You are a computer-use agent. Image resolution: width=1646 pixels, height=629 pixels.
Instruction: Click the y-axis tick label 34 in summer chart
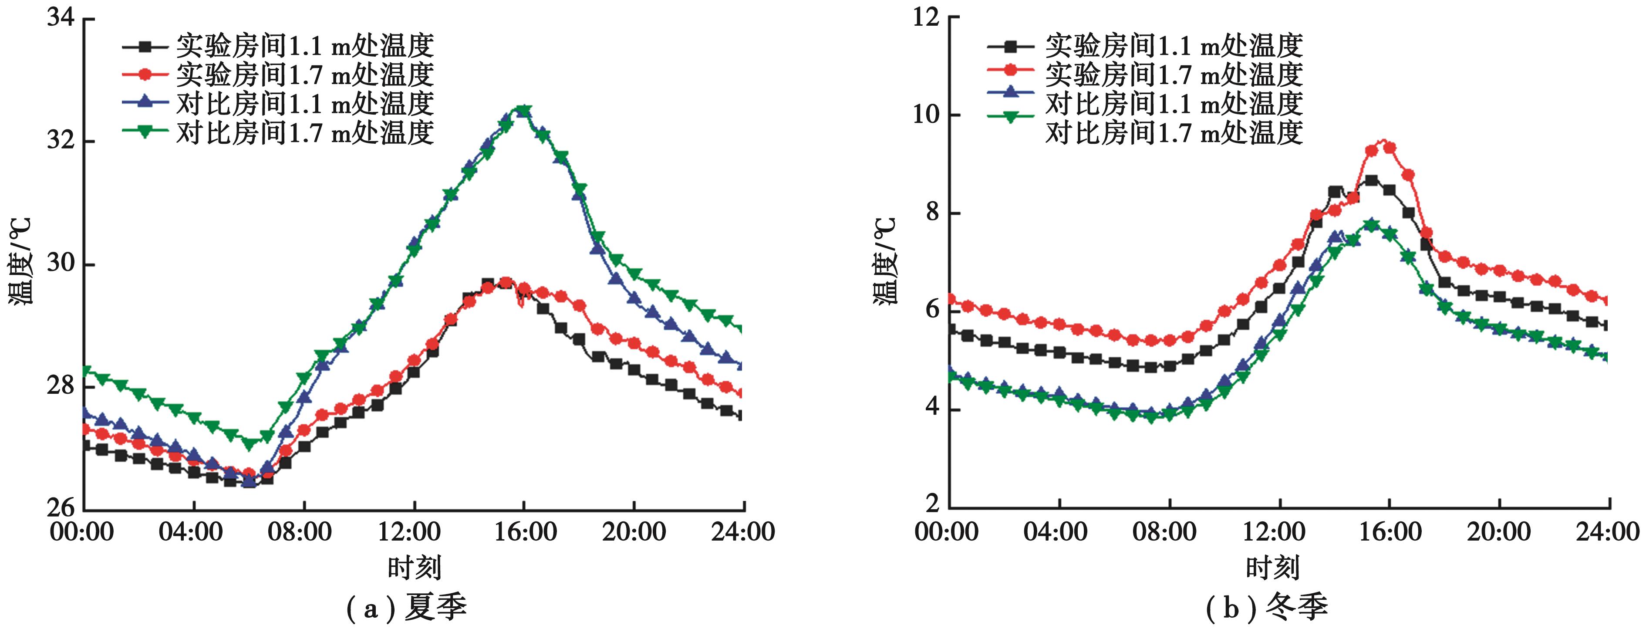pyautogui.click(x=60, y=17)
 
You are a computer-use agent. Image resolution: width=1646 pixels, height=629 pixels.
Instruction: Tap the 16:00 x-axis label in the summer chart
pyautogui.click(x=525, y=532)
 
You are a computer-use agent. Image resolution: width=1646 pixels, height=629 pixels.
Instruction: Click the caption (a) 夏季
pyautogui.click(x=406, y=607)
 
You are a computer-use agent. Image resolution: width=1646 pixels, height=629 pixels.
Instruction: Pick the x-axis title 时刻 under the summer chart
pyautogui.click(x=414, y=567)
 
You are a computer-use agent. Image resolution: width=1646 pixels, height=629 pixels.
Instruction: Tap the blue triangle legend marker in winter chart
pyautogui.click(x=1010, y=92)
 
